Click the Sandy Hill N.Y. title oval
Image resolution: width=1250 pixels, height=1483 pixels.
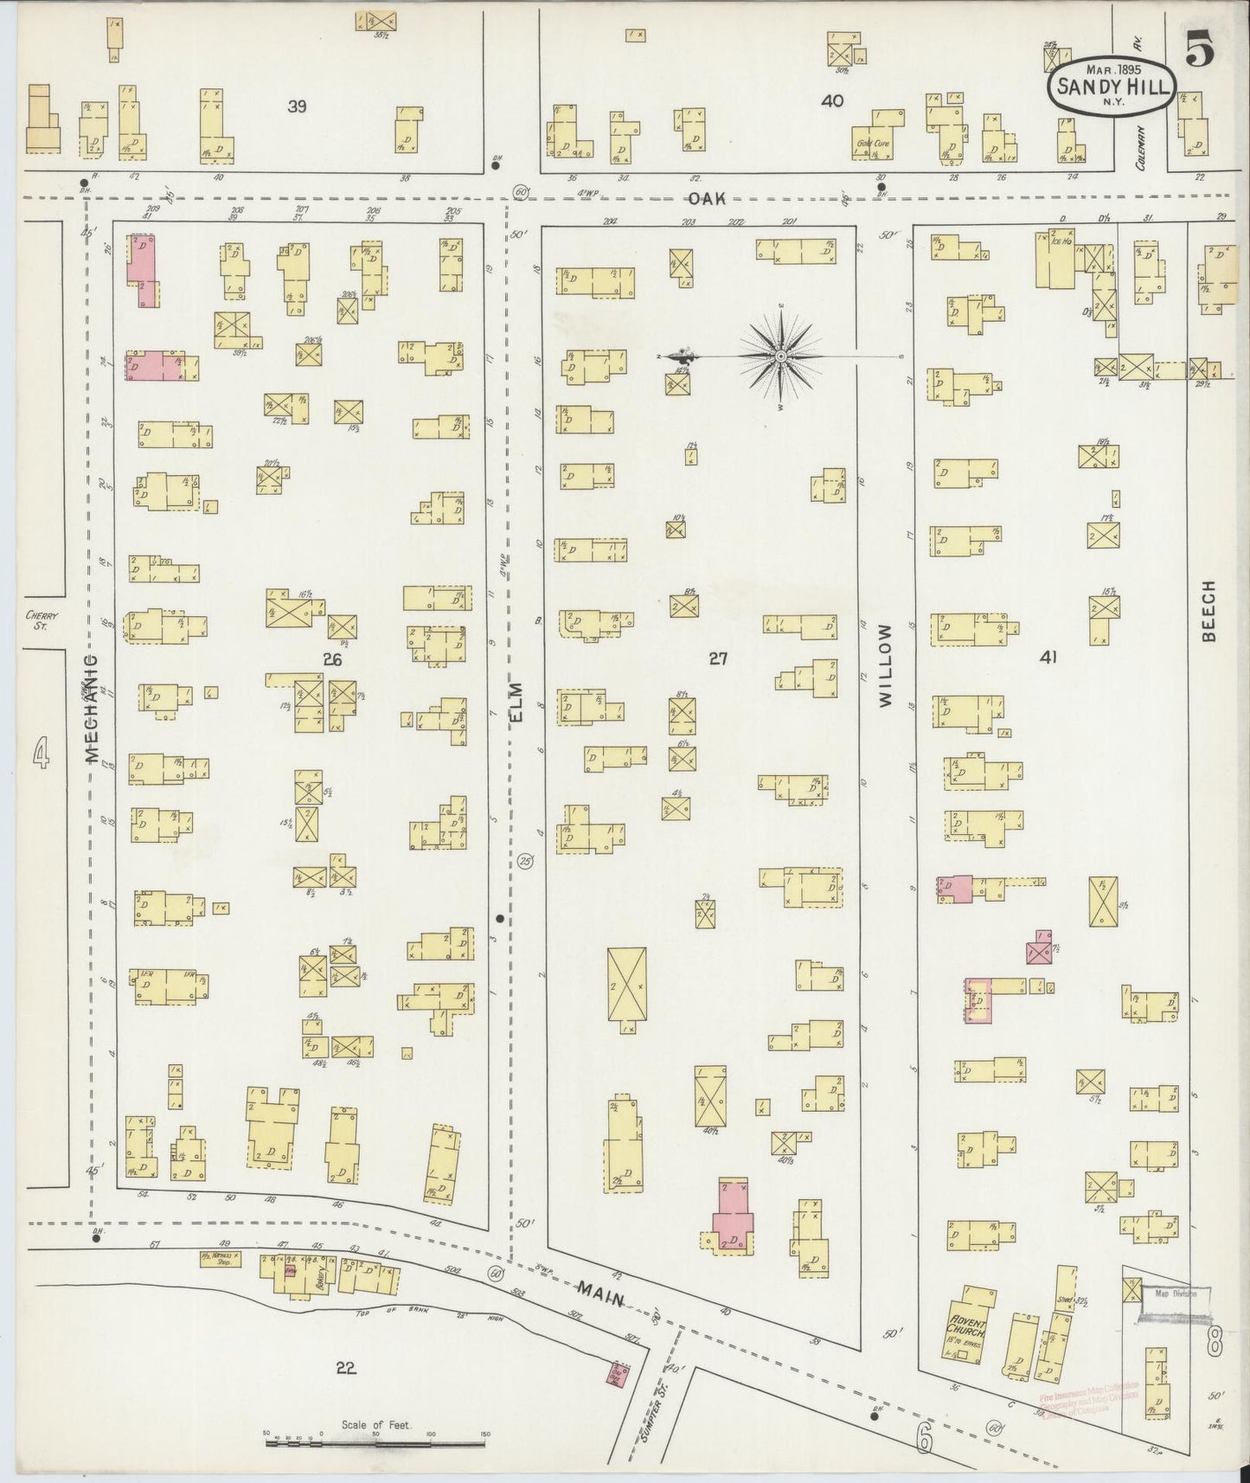(x=1112, y=85)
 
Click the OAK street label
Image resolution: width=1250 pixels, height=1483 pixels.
(x=706, y=198)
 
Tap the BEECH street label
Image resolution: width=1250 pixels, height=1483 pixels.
(x=1208, y=610)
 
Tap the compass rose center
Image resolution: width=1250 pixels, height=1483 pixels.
(x=781, y=356)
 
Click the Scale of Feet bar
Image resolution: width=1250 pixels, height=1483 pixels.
(x=375, y=1439)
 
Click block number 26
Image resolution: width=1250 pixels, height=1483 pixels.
(x=332, y=660)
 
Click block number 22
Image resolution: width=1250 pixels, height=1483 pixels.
(x=346, y=1368)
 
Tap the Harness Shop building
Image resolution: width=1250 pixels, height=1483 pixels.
(x=221, y=1259)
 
